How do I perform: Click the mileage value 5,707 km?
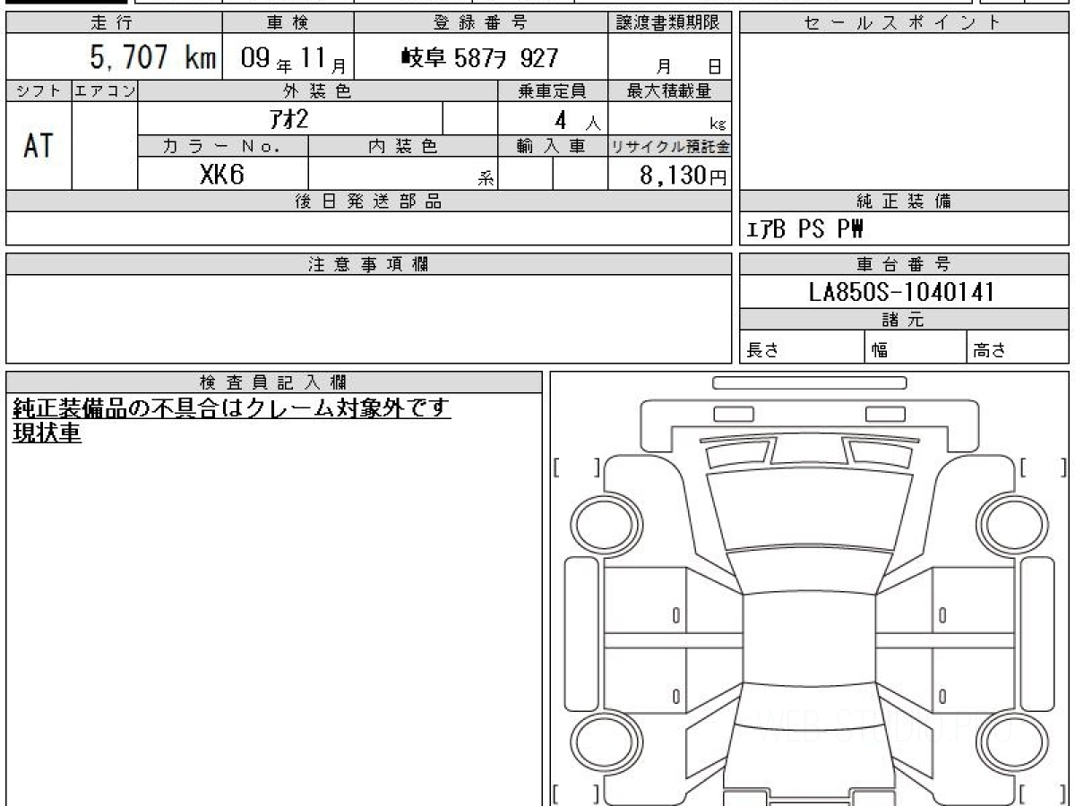click(153, 56)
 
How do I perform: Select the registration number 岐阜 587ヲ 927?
click(479, 58)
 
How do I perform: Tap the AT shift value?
click(39, 145)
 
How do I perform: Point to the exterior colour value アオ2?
click(289, 119)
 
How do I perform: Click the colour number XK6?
click(222, 174)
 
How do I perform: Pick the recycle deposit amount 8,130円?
click(684, 176)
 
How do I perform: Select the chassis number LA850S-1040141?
click(901, 292)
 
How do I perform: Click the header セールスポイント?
click(903, 22)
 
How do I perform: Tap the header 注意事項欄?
click(368, 264)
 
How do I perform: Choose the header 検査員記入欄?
click(273, 382)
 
